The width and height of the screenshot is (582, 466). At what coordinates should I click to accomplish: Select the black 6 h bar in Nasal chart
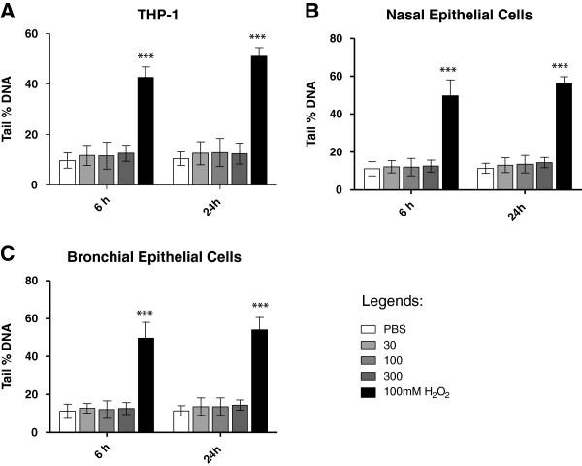click(450, 143)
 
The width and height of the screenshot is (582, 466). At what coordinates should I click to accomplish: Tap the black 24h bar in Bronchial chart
click(259, 381)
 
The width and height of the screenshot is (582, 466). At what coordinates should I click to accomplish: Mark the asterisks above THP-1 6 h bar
click(145, 56)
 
